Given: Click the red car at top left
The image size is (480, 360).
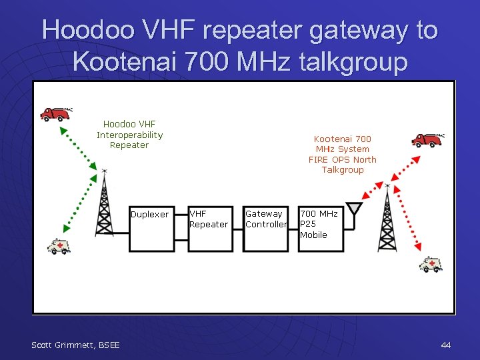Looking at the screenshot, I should tap(56, 114).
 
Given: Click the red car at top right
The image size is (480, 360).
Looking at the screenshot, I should tap(427, 139).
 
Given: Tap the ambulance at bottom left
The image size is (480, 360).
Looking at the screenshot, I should tap(58, 247).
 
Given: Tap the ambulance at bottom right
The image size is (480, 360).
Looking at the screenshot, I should tap(431, 265).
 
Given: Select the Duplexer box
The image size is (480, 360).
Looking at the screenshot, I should tap(151, 229).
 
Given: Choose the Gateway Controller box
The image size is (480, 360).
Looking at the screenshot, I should tap(265, 229).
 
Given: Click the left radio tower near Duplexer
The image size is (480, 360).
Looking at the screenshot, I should tap(104, 203).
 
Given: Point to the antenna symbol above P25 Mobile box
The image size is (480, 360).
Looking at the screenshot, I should tap(354, 210).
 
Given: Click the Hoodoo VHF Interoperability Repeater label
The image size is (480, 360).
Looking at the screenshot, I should tap(129, 135).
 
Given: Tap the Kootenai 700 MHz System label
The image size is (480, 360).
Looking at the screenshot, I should tap(342, 154).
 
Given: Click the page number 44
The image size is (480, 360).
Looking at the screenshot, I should tap(446, 345).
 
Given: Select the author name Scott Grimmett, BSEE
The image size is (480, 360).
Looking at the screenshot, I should tap(75, 345).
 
